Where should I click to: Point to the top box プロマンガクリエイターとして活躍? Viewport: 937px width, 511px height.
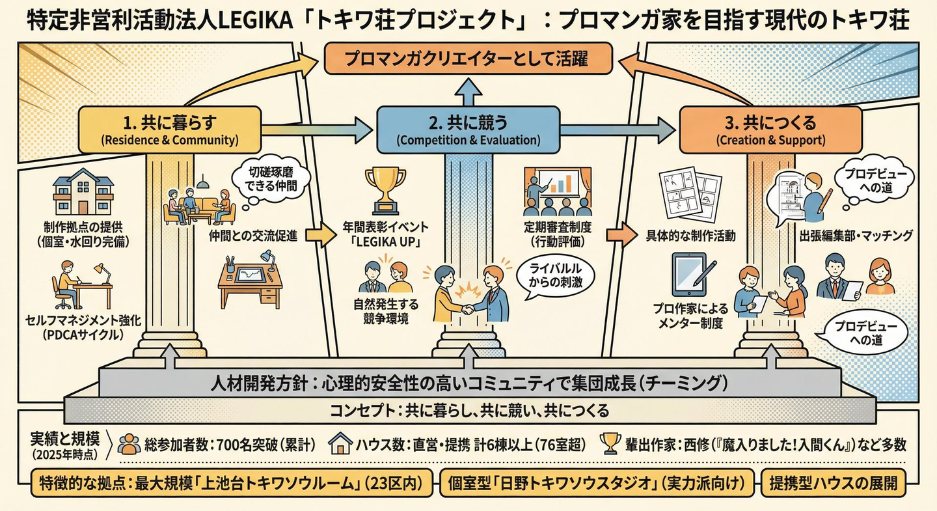tap(467, 61)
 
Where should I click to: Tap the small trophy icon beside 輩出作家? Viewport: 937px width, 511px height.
tap(611, 443)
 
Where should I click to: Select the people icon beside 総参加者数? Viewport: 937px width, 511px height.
tap(129, 444)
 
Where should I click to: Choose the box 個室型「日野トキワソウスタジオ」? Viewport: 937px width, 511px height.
tap(597, 484)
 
